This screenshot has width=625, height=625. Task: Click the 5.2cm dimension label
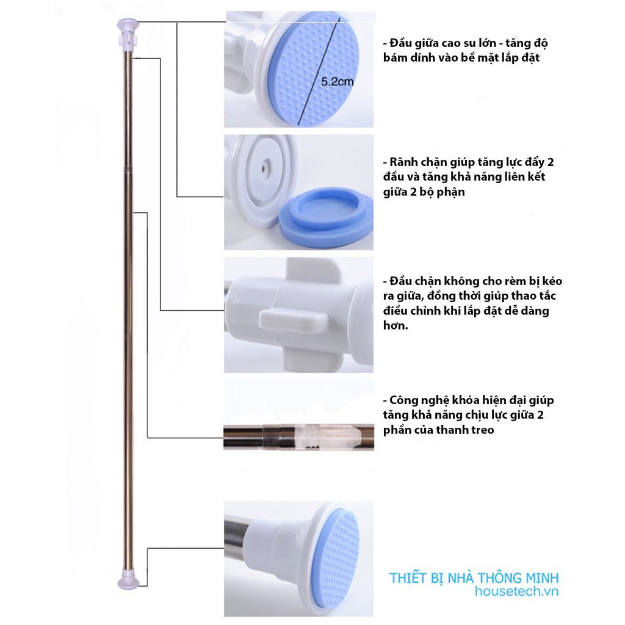(337, 82)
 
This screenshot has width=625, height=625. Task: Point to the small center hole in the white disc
(264, 167)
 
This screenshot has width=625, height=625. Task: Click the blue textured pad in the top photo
(313, 70)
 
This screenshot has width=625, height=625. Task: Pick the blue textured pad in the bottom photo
(336, 555)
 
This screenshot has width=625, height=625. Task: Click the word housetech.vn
(516, 591)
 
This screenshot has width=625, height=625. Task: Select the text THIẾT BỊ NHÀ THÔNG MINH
(474, 578)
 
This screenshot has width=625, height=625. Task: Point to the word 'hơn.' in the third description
(396, 325)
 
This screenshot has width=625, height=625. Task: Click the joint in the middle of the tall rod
(128, 170)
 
